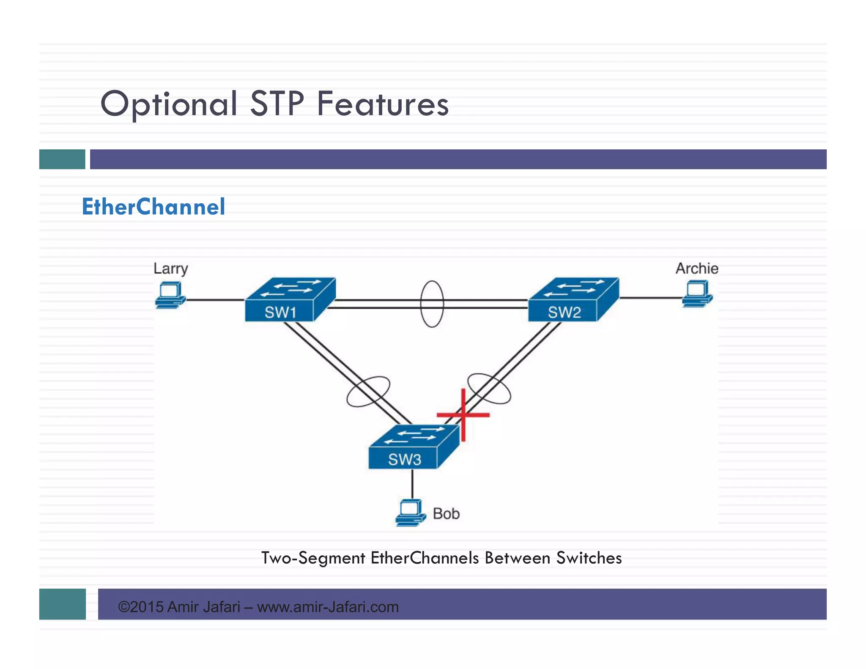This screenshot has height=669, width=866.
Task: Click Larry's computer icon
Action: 170,296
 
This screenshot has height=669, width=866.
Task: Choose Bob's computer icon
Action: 410,513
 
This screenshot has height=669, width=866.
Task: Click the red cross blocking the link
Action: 463,415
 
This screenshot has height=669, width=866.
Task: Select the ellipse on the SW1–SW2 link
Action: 432,304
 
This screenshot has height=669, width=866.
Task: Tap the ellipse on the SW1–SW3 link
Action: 368,392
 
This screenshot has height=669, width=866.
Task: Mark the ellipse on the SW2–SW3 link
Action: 489,388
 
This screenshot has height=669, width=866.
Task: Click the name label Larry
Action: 170,269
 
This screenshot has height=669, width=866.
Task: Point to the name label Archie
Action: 696,269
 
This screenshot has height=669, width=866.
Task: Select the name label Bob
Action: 446,514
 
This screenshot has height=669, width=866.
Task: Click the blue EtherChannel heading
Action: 153,207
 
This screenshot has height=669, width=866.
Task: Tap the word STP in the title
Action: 277,104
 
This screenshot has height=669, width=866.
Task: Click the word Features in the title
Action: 383,104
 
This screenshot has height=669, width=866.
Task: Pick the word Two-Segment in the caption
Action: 313,558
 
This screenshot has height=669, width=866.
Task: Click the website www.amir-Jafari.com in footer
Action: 328,607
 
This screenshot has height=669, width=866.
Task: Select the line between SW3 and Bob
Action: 412,484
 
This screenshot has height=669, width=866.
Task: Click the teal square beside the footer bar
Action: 62,604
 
